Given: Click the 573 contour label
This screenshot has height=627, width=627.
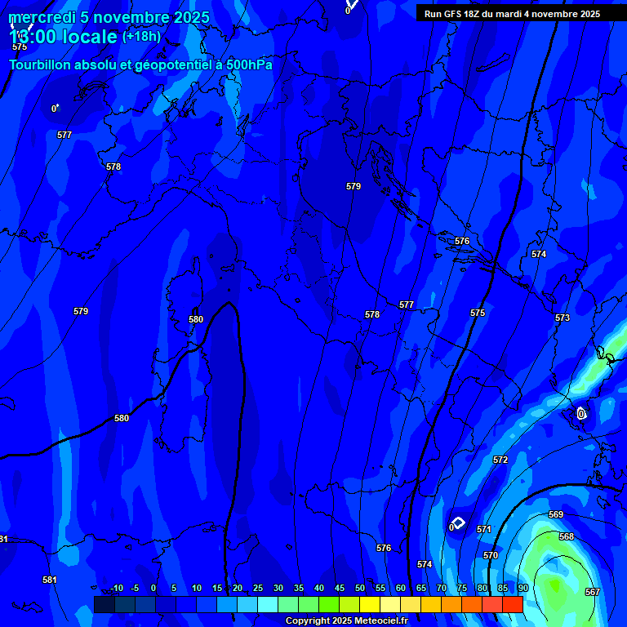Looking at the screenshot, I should [563, 318].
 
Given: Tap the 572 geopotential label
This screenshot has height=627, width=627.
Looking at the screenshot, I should [500, 460].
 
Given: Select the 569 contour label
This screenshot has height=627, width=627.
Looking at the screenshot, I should [556, 514].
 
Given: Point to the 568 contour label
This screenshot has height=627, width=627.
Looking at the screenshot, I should [567, 536].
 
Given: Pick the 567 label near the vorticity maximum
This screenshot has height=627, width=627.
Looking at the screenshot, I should [593, 592].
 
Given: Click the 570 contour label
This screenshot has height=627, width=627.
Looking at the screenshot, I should [491, 555].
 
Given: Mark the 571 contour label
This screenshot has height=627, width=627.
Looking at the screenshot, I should [484, 529].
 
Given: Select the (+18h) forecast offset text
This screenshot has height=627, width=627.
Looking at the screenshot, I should [141, 36].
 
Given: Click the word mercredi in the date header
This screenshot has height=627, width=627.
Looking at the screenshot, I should [41, 17].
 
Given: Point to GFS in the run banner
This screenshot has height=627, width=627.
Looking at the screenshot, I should [455, 14].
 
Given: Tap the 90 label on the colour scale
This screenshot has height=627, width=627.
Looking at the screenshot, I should [522, 588].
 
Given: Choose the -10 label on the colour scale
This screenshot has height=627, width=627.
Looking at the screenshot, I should [116, 588].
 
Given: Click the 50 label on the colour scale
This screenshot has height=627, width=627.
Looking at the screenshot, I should [359, 588].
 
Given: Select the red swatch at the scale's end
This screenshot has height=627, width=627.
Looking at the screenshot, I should [512, 604].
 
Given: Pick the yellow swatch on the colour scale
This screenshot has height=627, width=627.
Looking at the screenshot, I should [369, 604].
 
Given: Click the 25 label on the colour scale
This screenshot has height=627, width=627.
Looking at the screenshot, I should [257, 588].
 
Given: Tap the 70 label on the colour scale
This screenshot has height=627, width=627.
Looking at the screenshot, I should [441, 588].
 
